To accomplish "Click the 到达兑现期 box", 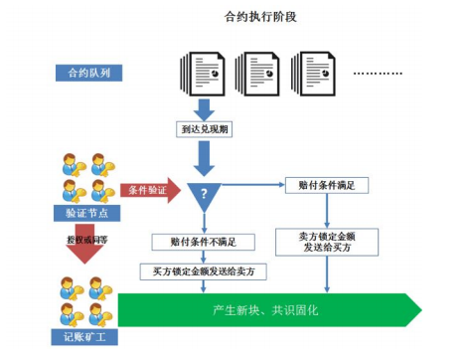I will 205,128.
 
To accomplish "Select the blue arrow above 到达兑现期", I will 205,104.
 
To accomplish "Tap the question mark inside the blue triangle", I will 205,191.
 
